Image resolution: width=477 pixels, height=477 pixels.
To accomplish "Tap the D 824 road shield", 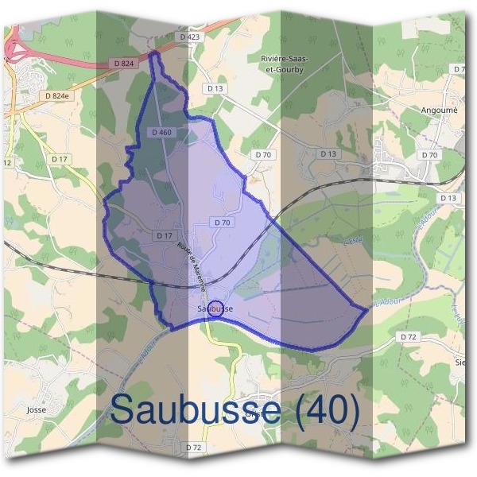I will tap(122, 63).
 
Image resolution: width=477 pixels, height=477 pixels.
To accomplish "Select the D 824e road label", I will tap(59, 95).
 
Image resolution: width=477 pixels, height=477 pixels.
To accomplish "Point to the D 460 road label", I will tap(160, 132).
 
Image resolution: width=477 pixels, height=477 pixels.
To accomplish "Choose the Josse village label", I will tap(37, 410).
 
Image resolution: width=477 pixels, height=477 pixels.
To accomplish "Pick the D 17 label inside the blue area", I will tap(165, 236).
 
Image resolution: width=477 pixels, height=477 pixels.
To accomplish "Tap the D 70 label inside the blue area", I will tap(222, 223).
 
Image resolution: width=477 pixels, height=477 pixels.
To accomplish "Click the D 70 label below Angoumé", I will tap(430, 154).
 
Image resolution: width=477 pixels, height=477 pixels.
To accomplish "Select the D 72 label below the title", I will tap(193, 448).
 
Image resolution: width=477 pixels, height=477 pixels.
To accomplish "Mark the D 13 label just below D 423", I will tap(213, 87).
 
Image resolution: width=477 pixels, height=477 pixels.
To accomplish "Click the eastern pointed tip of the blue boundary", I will tap(367, 308).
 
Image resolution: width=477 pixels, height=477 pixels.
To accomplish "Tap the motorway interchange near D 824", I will tap(14, 52).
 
